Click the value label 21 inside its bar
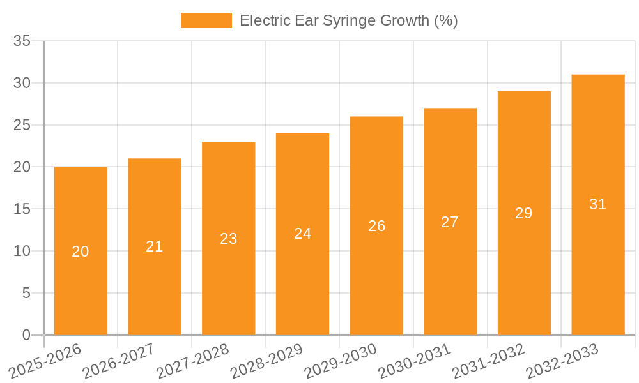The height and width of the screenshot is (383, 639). (155, 246)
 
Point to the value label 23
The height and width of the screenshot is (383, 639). (228, 239)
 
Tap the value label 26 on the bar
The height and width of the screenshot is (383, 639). (376, 226)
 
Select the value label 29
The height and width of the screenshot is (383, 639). (524, 213)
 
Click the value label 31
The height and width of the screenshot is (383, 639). (597, 204)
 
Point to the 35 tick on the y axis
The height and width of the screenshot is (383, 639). (22, 41)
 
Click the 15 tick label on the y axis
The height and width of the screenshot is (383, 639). (22, 209)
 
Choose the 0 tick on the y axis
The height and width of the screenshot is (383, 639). (26, 335)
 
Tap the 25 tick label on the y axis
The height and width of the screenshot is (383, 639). (22, 125)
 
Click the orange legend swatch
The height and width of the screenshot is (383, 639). (206, 20)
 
